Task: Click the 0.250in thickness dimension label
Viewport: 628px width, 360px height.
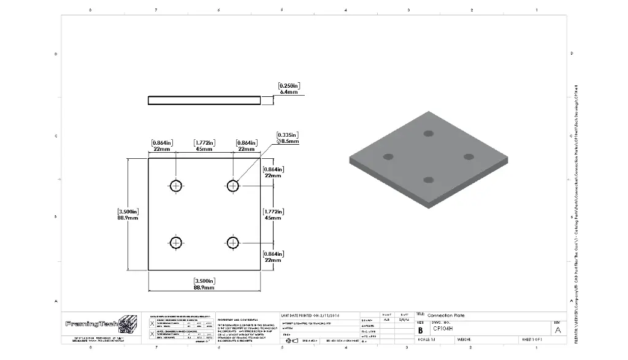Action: (x=288, y=88)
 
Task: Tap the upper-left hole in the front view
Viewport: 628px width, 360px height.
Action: (x=177, y=186)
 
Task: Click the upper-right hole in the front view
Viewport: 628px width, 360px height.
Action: (x=232, y=185)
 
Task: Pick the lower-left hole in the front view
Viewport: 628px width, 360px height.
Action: (x=177, y=243)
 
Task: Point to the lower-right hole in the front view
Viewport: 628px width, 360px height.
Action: (x=232, y=243)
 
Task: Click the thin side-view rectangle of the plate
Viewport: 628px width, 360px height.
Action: (x=204, y=100)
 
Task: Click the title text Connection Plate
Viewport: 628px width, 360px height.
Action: (x=446, y=315)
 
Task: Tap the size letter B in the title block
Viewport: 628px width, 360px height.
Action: (x=420, y=329)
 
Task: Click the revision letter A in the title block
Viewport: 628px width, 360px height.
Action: (x=557, y=329)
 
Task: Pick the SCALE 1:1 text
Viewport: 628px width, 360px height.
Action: (x=427, y=339)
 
